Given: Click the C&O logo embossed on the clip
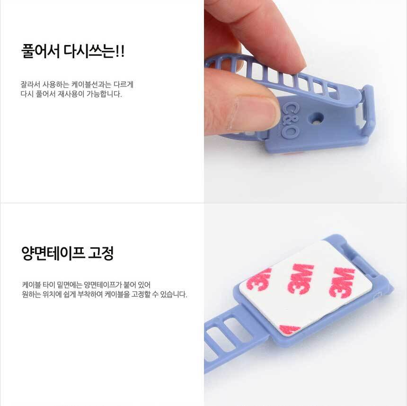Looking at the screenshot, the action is [x=289, y=120].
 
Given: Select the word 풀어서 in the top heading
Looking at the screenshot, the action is [x=40, y=51].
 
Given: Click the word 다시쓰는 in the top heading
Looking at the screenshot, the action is [x=89, y=51].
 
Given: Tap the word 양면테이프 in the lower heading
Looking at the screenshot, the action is [x=53, y=253].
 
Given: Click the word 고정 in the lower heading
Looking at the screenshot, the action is [x=101, y=253].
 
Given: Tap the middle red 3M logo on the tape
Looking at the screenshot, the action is [x=301, y=279].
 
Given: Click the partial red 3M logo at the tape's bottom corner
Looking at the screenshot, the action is [x=290, y=329].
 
